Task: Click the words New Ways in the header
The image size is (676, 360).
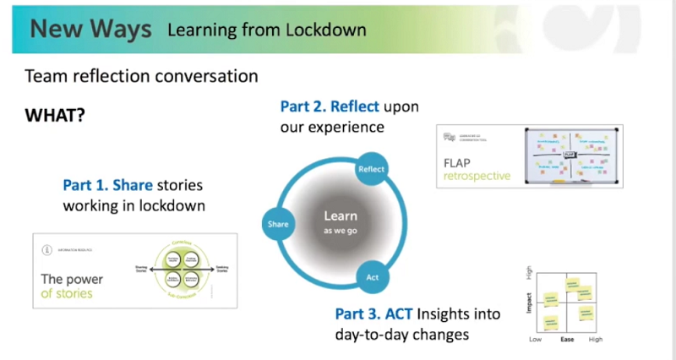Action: tap(90, 29)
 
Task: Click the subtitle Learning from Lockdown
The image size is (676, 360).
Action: tap(267, 30)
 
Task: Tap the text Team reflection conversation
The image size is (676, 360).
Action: tap(142, 76)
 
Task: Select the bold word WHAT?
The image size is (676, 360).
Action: tap(55, 114)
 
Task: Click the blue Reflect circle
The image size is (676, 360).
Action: tap(372, 169)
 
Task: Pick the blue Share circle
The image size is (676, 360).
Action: tap(278, 224)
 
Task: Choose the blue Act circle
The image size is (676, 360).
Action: tap(372, 277)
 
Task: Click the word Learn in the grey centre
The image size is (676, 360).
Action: tap(341, 216)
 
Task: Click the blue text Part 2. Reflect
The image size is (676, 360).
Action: tap(330, 107)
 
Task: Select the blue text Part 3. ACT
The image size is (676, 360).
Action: tap(373, 314)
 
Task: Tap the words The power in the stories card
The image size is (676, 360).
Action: tap(74, 278)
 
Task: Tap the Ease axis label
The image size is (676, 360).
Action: tap(568, 340)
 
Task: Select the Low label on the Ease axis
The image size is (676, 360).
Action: tap(535, 340)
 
